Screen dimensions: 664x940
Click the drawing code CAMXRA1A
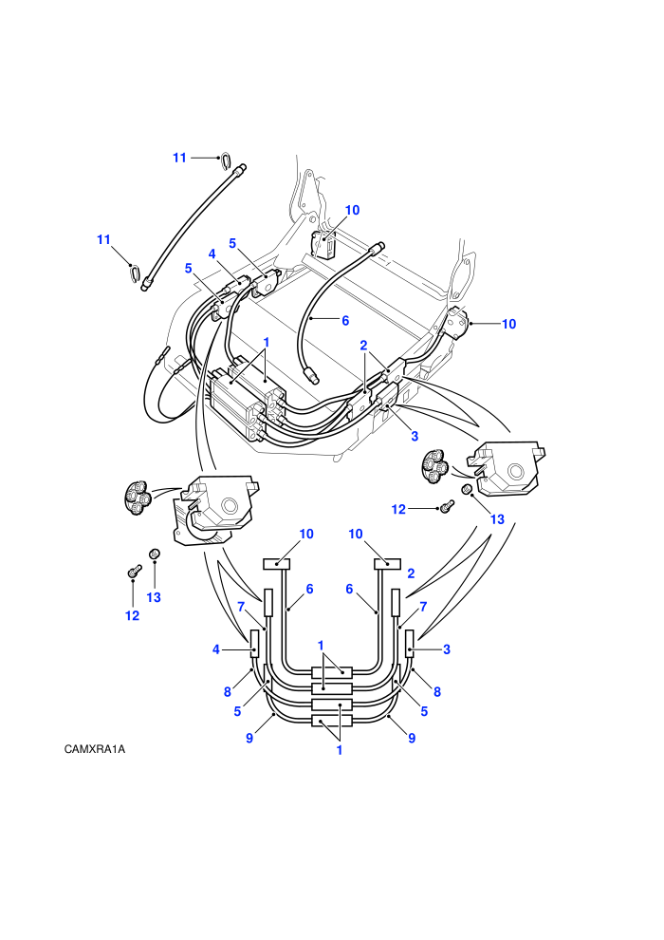point(95,749)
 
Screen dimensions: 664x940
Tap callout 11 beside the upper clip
point(179,158)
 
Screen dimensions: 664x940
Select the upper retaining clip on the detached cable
point(225,160)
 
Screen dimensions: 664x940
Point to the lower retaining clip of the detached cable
point(136,273)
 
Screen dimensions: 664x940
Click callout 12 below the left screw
point(132,615)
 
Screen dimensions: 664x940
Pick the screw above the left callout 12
point(134,572)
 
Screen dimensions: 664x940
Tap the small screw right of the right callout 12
point(447,507)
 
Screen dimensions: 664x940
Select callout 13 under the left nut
point(154,597)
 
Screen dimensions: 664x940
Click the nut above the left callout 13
point(154,554)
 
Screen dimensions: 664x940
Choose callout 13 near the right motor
point(498,519)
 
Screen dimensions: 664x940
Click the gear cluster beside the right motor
point(434,466)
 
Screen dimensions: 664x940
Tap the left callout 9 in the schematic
point(249,738)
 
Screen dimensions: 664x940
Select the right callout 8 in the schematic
point(437,692)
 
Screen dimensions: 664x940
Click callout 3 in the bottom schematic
point(447,649)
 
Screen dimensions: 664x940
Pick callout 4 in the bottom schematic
point(216,649)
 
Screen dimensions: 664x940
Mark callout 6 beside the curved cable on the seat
point(345,321)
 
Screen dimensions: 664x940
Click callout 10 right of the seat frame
point(509,324)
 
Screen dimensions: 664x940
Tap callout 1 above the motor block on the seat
point(267,343)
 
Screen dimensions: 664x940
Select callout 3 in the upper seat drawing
point(415,436)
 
